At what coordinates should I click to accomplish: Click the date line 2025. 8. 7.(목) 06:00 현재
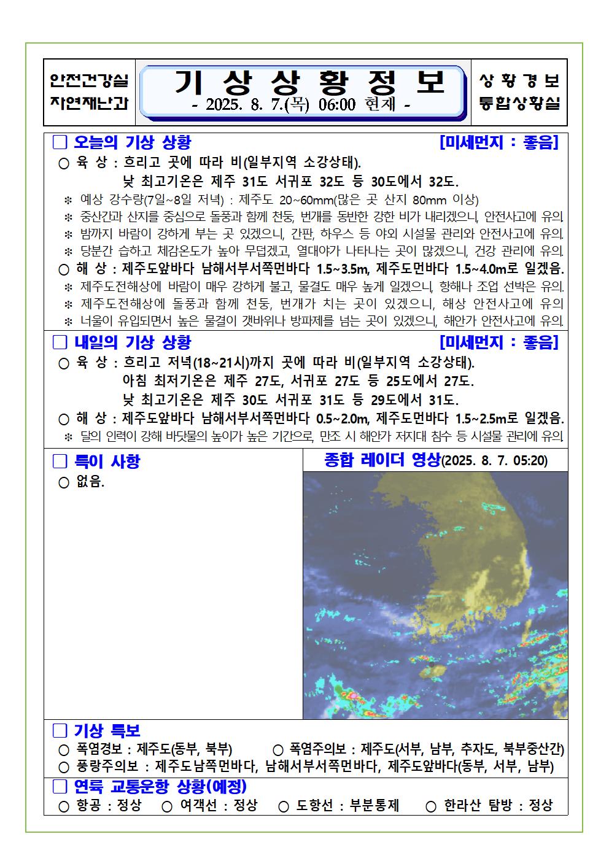tap(301, 105)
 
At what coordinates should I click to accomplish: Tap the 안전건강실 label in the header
tap(90, 80)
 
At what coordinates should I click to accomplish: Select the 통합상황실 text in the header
tap(519, 103)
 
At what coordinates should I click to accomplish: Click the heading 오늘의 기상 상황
tap(133, 142)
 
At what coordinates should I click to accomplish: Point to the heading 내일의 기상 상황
tap(133, 342)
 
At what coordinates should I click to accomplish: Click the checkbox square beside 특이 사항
tap(60, 461)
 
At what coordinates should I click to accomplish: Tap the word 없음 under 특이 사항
tap(90, 482)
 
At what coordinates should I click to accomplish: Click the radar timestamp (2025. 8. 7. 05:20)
tap(495, 461)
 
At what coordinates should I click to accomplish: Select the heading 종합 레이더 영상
tap(382, 460)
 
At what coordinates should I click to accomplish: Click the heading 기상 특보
tap(107, 730)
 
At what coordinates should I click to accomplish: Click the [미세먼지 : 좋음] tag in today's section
tap(499, 142)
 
